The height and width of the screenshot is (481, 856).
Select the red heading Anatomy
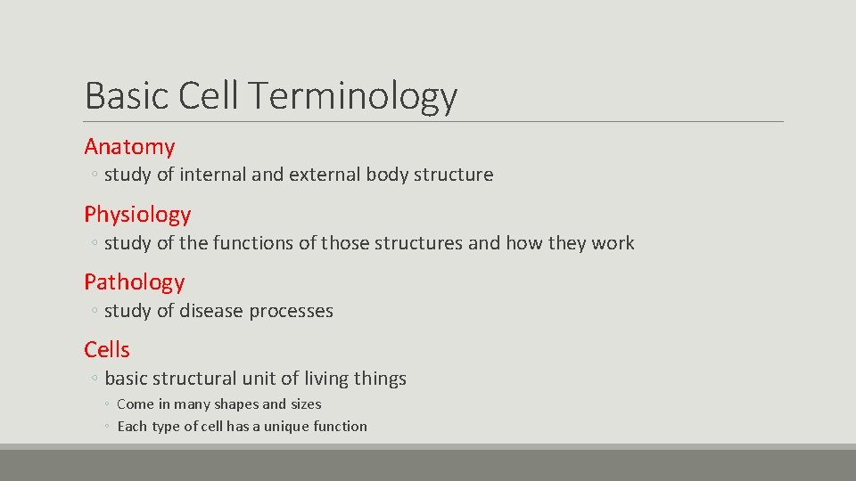129,147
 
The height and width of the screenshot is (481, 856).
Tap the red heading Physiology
137,215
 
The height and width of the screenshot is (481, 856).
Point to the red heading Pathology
134,282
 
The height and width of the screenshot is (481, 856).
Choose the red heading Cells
107,350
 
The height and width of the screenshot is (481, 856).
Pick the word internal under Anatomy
213,175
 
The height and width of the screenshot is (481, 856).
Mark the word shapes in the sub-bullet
235,404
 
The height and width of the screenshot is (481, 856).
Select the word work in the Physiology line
613,242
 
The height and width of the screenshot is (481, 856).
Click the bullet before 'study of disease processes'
94,312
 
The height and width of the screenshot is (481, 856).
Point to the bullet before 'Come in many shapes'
106,404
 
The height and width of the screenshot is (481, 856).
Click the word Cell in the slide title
206,95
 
